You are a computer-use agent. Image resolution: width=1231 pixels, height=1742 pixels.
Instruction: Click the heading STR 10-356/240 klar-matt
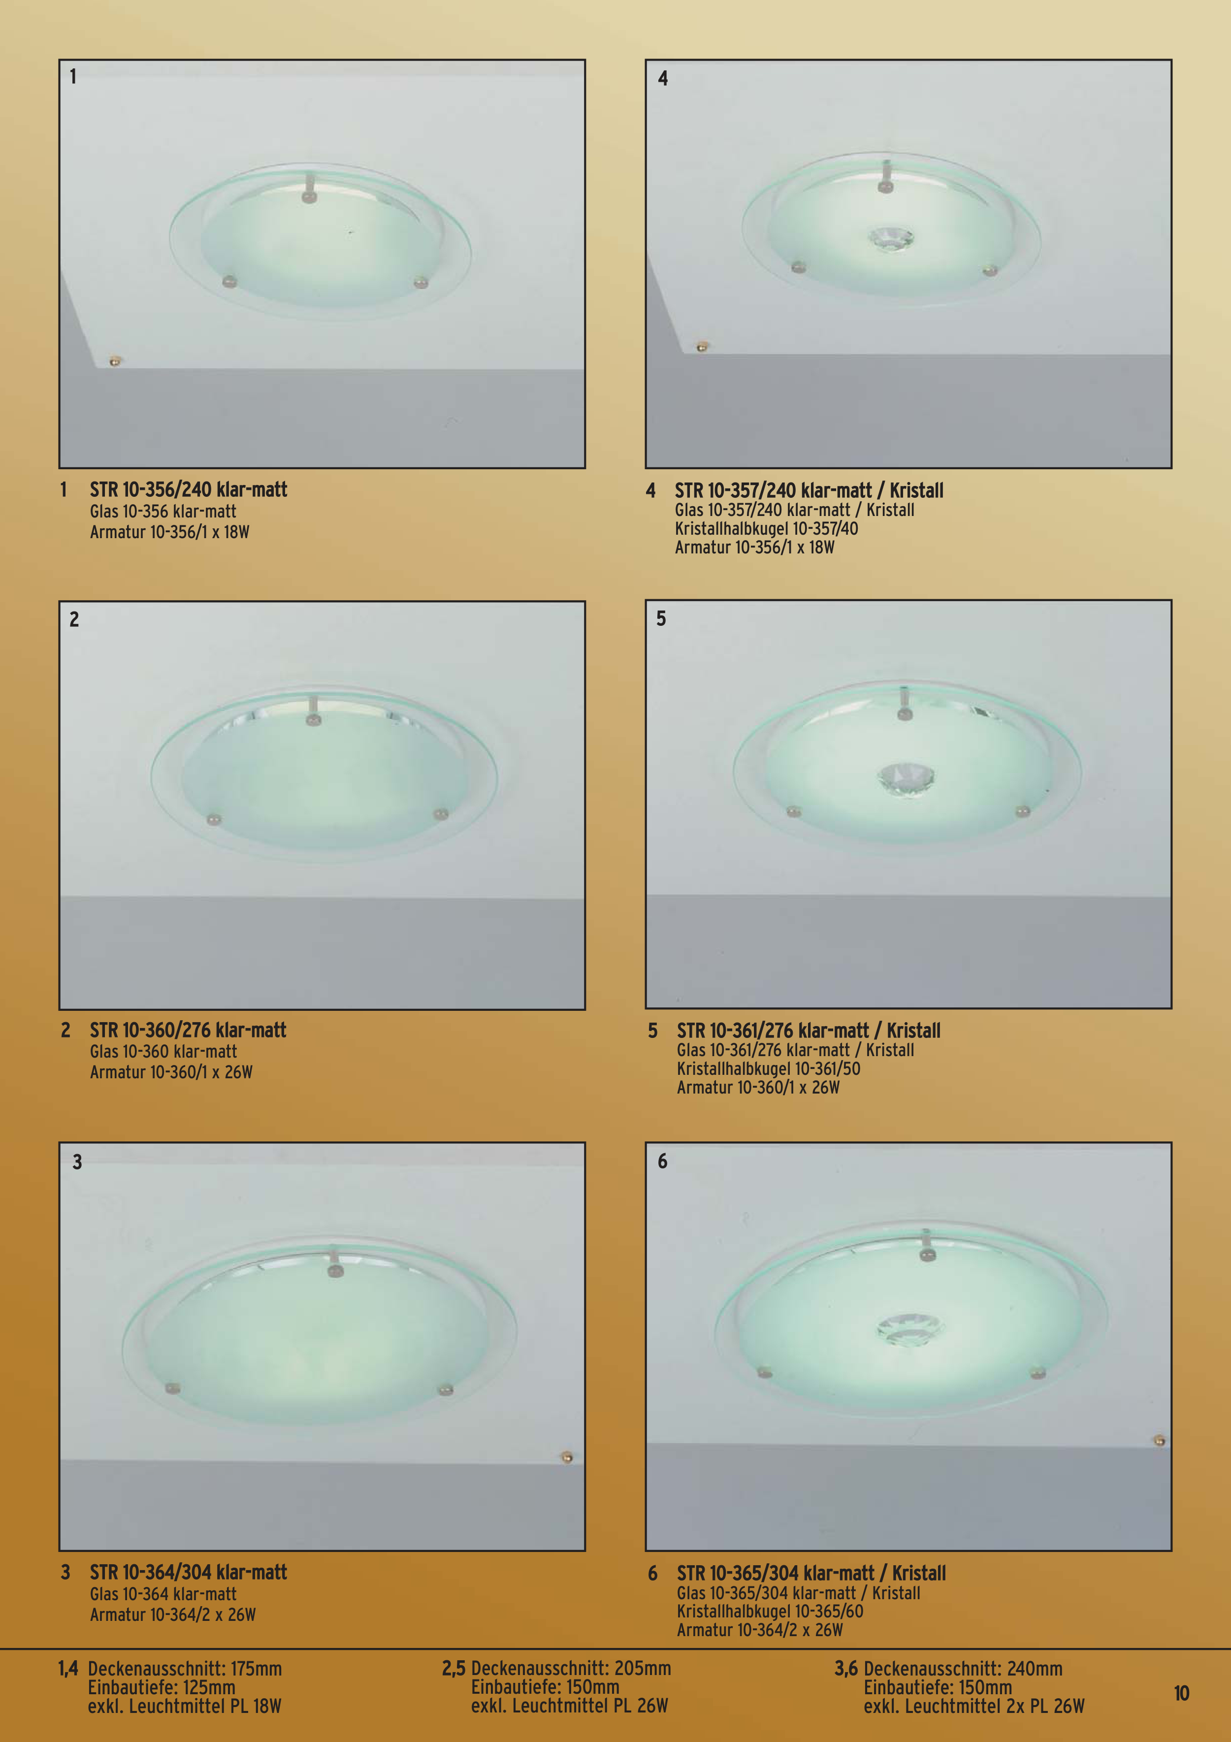click(x=188, y=490)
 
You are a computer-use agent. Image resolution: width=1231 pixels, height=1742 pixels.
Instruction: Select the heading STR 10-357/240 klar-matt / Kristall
click(x=809, y=491)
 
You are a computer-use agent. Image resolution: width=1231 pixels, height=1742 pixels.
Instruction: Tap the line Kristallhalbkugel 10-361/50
click(x=768, y=1069)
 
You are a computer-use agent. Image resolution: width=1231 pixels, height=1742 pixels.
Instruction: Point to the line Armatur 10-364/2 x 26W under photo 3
click(x=172, y=1614)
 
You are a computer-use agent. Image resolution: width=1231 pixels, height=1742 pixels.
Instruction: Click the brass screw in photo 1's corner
click(x=115, y=360)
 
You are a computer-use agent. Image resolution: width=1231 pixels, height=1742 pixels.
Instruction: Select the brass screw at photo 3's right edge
click(x=566, y=1457)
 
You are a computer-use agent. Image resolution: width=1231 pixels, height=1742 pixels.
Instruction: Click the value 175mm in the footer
click(x=256, y=1669)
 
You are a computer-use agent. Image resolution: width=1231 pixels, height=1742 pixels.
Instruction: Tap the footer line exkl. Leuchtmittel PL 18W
click(x=185, y=1707)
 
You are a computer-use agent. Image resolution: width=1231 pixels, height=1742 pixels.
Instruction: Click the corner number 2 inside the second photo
click(x=74, y=619)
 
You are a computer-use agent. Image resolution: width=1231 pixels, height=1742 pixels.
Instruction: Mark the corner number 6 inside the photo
click(x=663, y=1161)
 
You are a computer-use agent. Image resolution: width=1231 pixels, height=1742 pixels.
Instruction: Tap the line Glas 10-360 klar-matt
click(x=163, y=1052)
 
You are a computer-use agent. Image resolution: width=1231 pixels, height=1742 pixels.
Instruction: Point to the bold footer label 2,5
click(x=454, y=1669)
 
